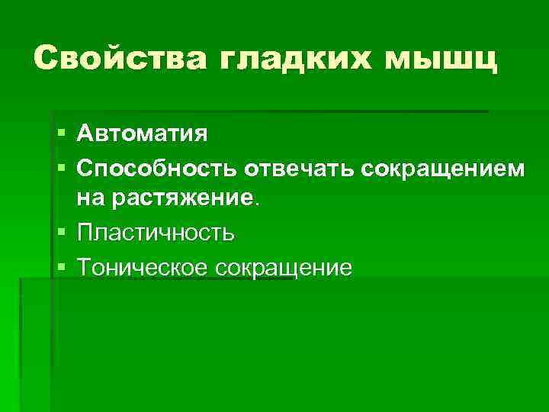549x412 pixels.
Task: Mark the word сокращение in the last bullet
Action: (x=284, y=267)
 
